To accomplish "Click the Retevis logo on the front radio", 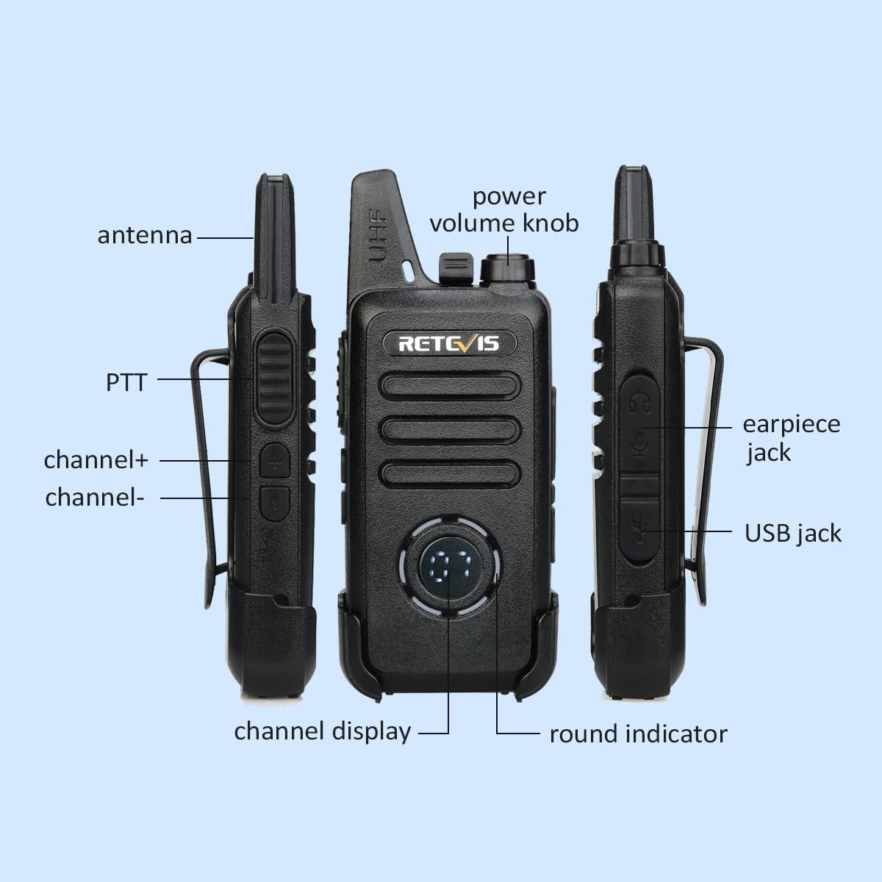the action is click(449, 343).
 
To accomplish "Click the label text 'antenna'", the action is click(145, 236).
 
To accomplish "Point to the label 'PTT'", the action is click(126, 382).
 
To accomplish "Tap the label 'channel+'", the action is click(96, 459).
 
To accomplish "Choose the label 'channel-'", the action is click(95, 497).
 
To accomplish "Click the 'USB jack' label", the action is click(793, 534).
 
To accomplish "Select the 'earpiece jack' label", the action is click(791, 439).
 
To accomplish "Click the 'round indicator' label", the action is click(639, 734).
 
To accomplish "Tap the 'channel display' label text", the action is click(323, 731).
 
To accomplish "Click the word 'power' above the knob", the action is click(509, 197).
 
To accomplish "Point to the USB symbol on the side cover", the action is click(640, 530).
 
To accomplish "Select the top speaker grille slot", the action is click(451, 385).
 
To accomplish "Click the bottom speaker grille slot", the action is click(451, 474).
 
